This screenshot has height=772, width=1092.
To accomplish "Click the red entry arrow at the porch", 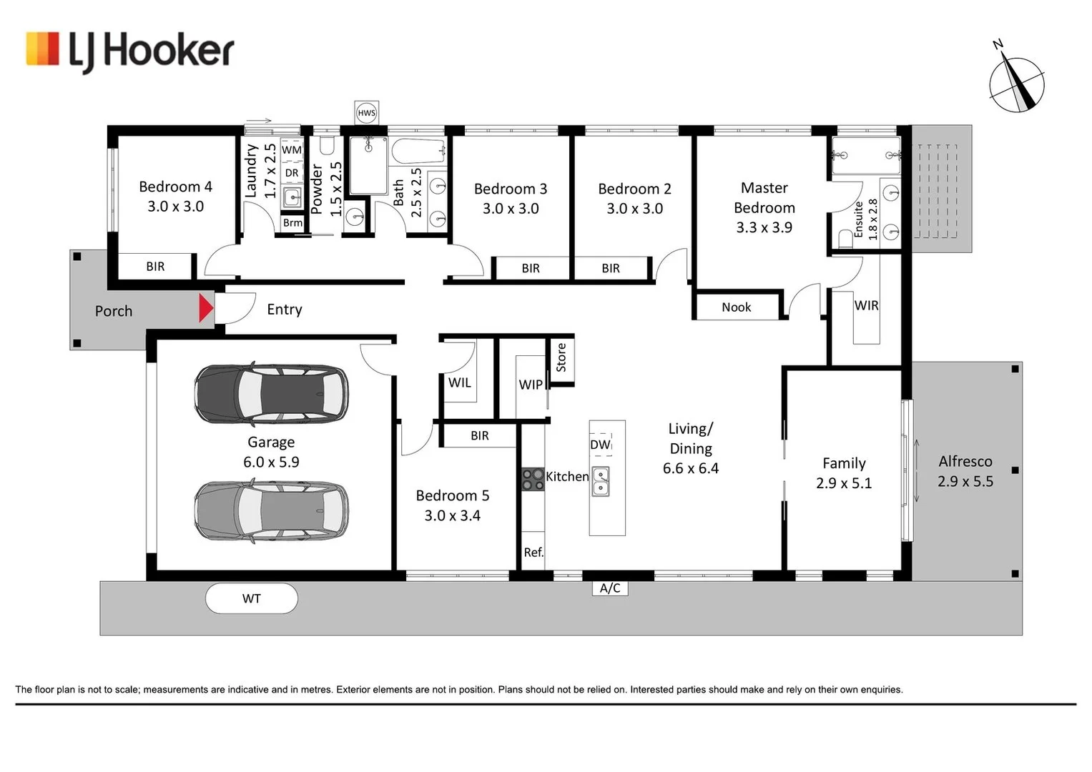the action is (206, 308).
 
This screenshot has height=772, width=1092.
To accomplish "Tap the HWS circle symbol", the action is (367, 113).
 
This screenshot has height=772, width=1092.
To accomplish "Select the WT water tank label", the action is (252, 598).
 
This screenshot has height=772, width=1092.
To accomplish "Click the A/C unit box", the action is (610, 588).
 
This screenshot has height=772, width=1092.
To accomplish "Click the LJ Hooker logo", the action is (130, 52).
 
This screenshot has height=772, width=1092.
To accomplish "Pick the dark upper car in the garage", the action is (271, 393).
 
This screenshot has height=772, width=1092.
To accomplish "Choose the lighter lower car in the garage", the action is (271, 511).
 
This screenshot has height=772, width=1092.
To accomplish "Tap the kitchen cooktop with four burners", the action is (533, 479).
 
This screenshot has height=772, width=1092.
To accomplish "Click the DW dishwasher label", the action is (600, 445).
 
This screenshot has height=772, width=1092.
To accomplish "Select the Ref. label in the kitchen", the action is (533, 552).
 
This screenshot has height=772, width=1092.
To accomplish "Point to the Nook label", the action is (736, 307).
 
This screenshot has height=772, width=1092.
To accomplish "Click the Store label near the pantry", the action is (561, 357).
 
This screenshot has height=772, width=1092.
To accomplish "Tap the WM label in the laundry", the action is (292, 149).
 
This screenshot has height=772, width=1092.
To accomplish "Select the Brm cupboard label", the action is (292, 223).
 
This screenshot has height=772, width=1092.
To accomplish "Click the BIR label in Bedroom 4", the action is (155, 266).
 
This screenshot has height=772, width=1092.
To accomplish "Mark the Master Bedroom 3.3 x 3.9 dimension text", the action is (764, 227).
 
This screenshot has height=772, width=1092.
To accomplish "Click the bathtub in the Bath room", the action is (419, 152).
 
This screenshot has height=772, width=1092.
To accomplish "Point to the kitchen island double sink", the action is (601, 482).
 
